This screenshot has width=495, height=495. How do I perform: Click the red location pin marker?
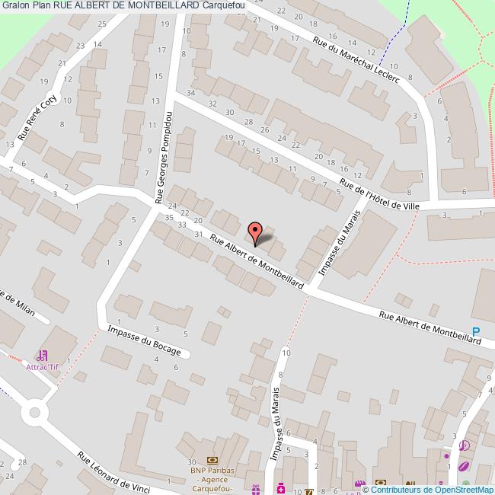[256, 230]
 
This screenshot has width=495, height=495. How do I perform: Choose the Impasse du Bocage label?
[145, 340]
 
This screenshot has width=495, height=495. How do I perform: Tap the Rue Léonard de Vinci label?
[111, 472]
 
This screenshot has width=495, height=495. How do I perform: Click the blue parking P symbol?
[477, 331]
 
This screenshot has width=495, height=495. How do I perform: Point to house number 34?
[192, 93]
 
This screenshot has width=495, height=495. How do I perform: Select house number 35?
[169, 217]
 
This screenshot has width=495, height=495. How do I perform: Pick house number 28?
[247, 122]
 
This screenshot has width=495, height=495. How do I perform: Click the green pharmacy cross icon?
[280, 487]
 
